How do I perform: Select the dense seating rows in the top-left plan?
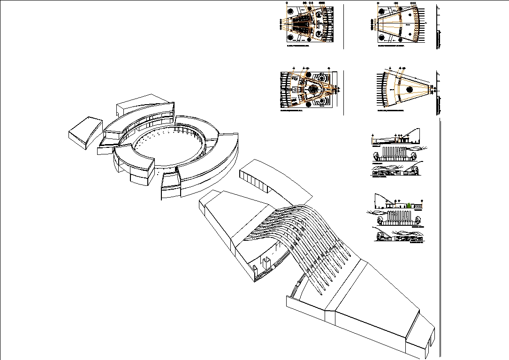[303, 24]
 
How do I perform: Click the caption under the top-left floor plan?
[298, 46]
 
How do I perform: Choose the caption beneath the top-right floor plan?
[391, 46]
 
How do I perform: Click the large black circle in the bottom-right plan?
[410, 90]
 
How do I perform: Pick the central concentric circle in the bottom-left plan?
[312, 89]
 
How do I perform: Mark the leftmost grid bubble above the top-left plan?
[288, 4]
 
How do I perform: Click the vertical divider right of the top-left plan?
[344, 26]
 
